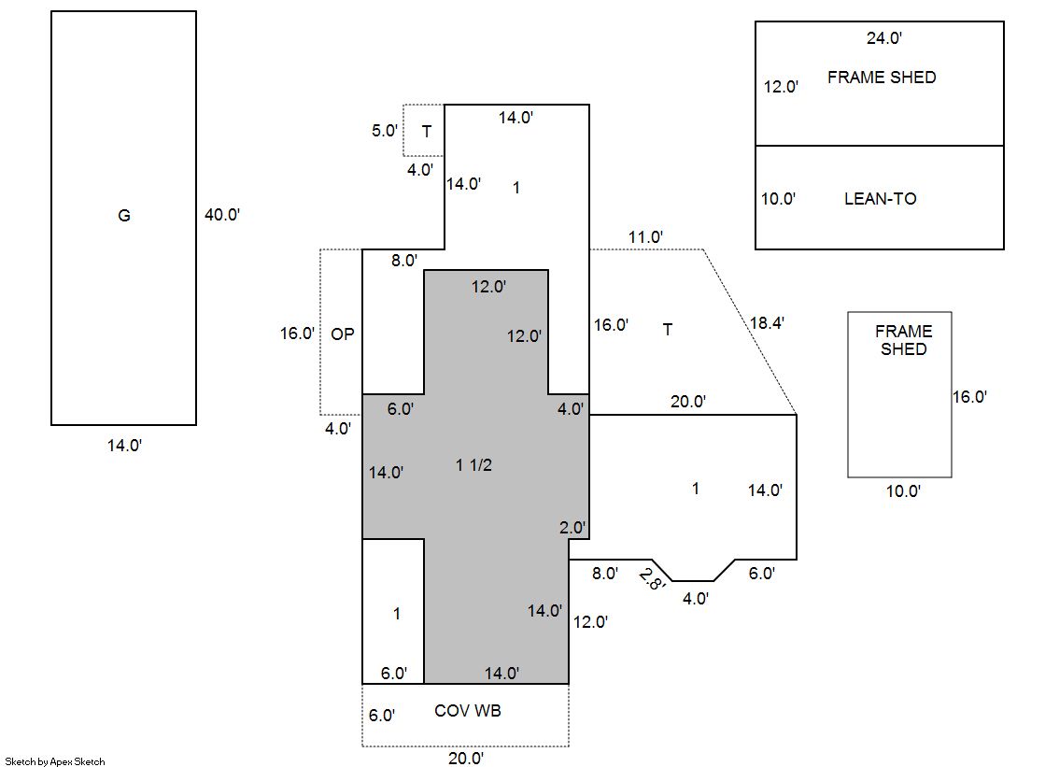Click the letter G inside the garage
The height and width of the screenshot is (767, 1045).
coord(123,216)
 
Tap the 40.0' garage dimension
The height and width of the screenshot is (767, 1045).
coord(222,215)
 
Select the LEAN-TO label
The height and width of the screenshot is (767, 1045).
coord(880,199)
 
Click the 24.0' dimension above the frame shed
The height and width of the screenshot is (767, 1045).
coord(883,38)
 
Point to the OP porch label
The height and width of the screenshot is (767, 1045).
coord(343,334)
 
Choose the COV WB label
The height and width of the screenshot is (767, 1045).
coord(468,711)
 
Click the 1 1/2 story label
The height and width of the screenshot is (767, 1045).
coord(473,465)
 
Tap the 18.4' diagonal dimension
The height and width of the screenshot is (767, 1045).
coord(767,323)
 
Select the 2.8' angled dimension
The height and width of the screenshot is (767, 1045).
coord(651,580)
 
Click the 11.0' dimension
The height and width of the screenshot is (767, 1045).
coord(645,237)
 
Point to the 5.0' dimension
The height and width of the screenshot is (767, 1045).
coord(385,131)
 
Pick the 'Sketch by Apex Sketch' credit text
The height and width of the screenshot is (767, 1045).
coord(55,761)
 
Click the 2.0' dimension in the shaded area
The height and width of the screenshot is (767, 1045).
coord(572,528)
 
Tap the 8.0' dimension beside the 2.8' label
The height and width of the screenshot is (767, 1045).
coord(605,574)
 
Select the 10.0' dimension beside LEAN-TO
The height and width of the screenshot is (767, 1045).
coord(778,199)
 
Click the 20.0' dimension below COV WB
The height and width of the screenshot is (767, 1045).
coord(466,759)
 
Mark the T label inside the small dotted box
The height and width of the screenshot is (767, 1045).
coord(426,131)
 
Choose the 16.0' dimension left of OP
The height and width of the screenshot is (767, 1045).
coord(297,334)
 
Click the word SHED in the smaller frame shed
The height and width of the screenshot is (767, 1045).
coord(903,349)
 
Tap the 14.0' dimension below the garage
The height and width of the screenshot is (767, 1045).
coord(124,447)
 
